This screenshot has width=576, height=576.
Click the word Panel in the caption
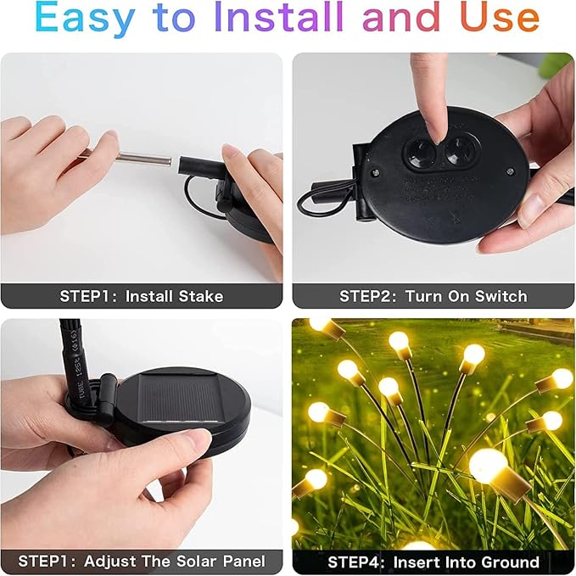click(243, 562)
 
